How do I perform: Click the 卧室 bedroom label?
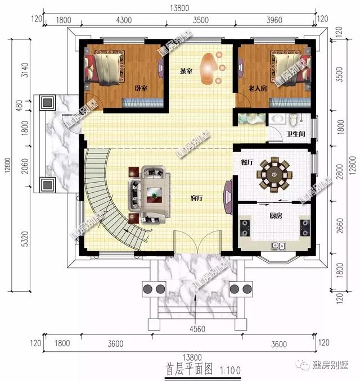pos(141,88)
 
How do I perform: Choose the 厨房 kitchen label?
pos(275,214)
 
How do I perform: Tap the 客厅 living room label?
pos(196,198)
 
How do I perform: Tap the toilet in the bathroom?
pos(292,120)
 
